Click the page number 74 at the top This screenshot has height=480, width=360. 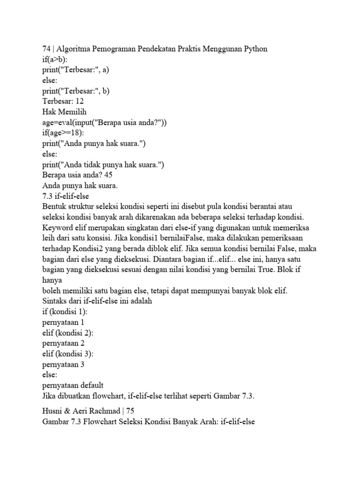46,49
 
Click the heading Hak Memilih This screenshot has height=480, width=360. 65,112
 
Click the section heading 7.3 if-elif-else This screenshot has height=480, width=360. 66,195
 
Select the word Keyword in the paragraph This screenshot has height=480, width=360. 57,227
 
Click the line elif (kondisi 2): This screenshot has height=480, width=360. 68,333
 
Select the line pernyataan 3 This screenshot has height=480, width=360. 63,364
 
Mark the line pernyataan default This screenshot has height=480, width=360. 73,385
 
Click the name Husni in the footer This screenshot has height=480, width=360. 53,411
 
